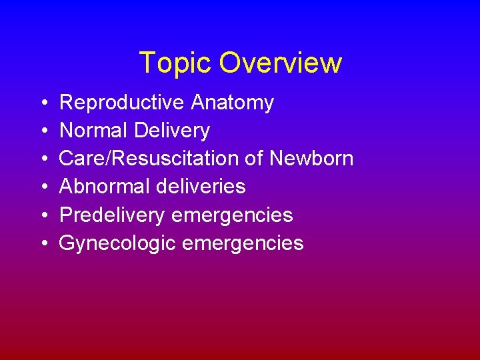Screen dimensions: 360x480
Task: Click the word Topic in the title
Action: [x=176, y=63]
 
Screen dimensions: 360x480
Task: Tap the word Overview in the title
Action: [x=280, y=63]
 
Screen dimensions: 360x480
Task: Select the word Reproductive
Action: [x=121, y=103]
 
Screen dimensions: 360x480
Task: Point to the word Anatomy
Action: [x=231, y=103]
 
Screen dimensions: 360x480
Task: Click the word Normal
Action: [x=93, y=131]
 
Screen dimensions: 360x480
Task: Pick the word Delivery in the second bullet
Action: [x=172, y=131]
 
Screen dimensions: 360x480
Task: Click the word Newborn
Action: [x=311, y=159]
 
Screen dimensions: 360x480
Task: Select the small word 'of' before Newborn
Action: [x=257, y=159]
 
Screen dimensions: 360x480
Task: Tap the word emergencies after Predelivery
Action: [x=232, y=215]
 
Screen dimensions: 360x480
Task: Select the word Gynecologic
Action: [x=117, y=243]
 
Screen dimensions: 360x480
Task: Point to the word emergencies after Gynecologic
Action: [x=243, y=243]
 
